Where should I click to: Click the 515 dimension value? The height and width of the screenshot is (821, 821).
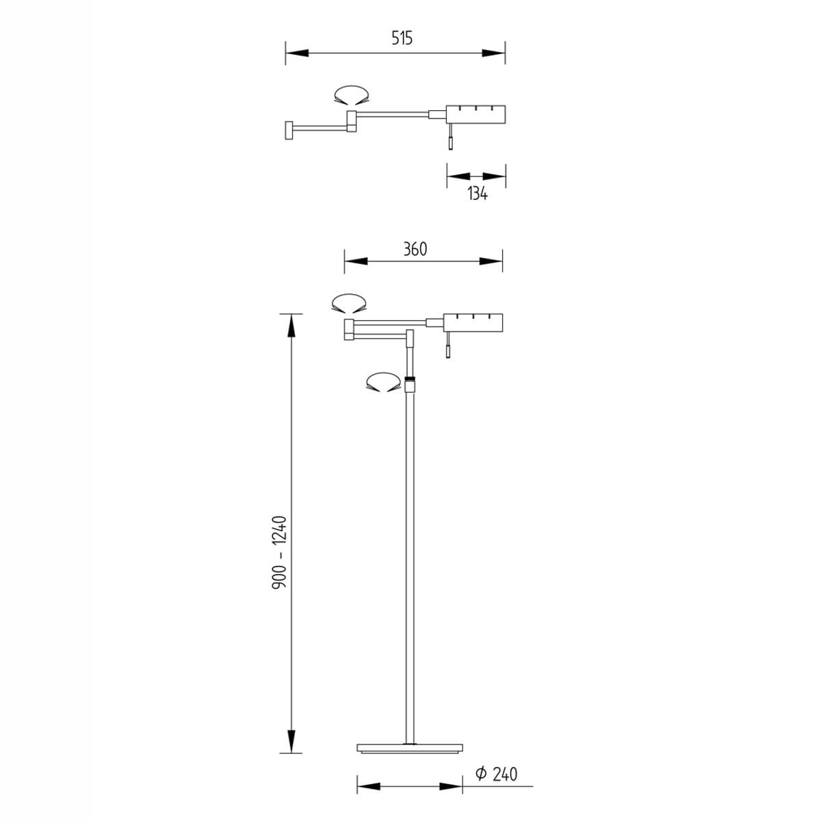(402, 39)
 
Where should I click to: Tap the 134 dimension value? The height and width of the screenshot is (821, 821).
(477, 194)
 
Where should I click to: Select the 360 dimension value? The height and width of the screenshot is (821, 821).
(415, 249)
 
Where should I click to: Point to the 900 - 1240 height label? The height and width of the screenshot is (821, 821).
(280, 552)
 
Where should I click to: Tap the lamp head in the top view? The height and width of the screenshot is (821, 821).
(475, 114)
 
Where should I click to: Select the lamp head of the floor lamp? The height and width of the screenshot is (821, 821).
(473, 323)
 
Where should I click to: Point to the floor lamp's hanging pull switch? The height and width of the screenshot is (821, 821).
(447, 345)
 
